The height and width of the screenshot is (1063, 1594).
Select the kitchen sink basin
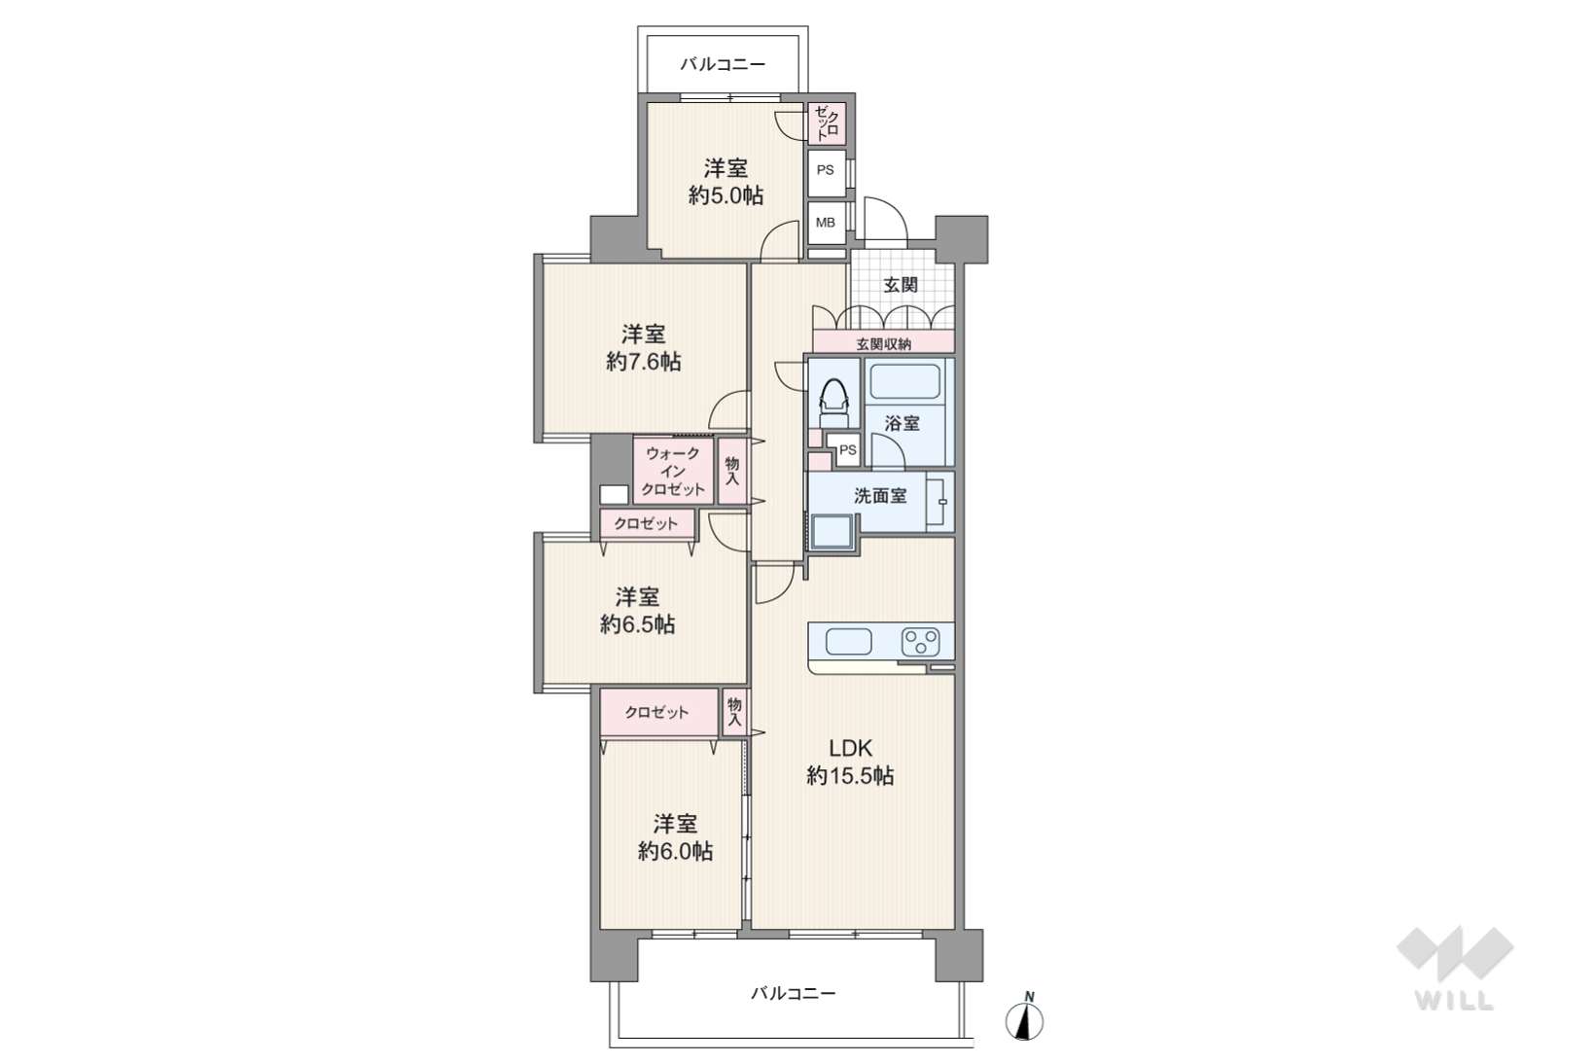click(848, 642)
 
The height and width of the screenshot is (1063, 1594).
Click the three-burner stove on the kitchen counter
click(921, 642)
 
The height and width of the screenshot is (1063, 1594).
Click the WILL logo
click(1455, 968)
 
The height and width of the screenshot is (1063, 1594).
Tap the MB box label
click(826, 223)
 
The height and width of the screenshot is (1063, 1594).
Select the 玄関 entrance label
click(901, 285)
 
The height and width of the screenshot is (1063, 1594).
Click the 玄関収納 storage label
click(883, 344)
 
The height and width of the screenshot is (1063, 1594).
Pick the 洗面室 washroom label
click(880, 496)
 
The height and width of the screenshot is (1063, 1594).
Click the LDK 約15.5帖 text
click(850, 762)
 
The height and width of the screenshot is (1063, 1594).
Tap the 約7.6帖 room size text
click(643, 362)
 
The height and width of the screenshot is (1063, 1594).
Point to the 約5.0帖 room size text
click(726, 195)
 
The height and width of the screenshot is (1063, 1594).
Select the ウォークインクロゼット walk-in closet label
click(672, 471)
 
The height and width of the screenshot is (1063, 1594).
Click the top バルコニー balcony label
click(723, 65)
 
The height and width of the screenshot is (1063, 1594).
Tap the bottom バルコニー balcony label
click(794, 993)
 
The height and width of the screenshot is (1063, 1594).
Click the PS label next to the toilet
click(847, 450)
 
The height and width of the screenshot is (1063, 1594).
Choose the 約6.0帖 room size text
click(675, 852)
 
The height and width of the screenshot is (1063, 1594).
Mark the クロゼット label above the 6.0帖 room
click(656, 712)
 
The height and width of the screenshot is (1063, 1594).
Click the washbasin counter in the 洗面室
click(939, 502)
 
